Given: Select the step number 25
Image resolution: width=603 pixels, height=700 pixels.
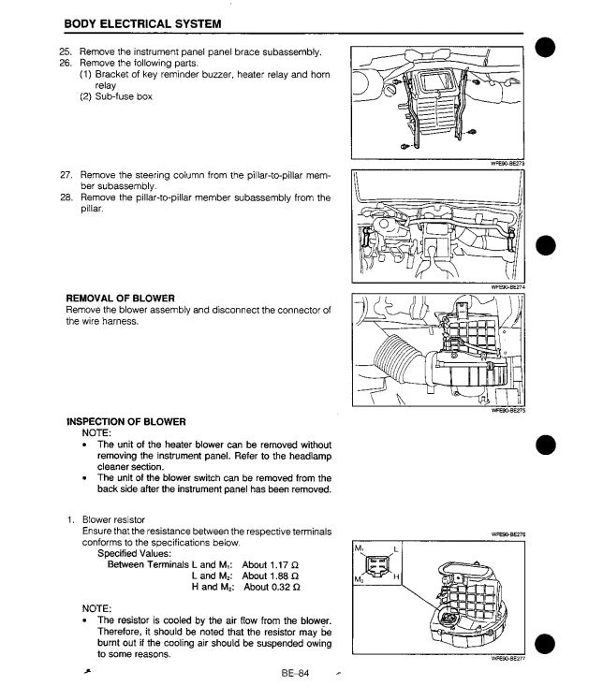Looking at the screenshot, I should click(66, 51).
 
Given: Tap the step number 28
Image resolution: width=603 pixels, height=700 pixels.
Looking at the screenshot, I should click(66, 197).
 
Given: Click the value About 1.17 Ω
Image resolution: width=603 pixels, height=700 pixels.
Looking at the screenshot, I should click(271, 564).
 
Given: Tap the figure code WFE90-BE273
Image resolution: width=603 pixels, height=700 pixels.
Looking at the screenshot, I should click(507, 163).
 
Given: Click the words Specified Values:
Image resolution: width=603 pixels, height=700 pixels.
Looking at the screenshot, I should click(139, 553).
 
